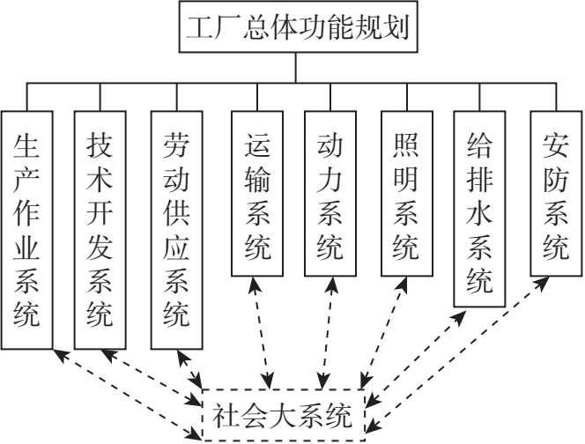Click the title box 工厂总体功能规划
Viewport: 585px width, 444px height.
(x=296, y=28)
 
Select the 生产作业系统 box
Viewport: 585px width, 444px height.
(x=27, y=229)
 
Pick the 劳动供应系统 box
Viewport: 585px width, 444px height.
(x=176, y=229)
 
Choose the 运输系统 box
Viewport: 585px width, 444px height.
(x=255, y=192)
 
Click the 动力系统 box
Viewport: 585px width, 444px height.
(x=330, y=192)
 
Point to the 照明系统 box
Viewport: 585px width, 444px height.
(x=405, y=192)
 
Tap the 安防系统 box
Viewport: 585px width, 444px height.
(x=555, y=192)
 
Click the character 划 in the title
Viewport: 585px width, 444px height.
(x=395, y=28)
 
